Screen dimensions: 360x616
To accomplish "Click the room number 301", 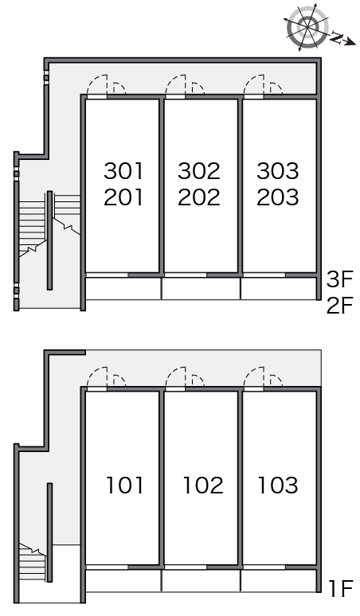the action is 123,171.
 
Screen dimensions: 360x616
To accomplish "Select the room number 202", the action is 199,197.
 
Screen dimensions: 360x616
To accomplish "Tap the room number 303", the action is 278,171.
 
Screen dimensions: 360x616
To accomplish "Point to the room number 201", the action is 123,197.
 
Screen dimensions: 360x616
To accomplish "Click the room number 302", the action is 199,171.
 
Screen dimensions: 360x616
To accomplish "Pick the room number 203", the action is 278,197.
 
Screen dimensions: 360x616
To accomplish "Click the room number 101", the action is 125,485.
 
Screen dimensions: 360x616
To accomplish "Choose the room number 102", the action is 203,485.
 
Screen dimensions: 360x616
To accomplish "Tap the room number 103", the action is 278,485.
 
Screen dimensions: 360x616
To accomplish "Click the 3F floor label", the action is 340,279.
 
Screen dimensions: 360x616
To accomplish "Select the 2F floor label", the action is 340,306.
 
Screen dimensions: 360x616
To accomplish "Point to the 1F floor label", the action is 340,588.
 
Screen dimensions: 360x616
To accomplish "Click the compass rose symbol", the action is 307,28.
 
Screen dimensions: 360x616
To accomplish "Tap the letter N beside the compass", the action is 337,38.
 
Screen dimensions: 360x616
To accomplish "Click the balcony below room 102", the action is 201,581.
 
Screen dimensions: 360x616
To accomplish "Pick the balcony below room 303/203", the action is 279,288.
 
